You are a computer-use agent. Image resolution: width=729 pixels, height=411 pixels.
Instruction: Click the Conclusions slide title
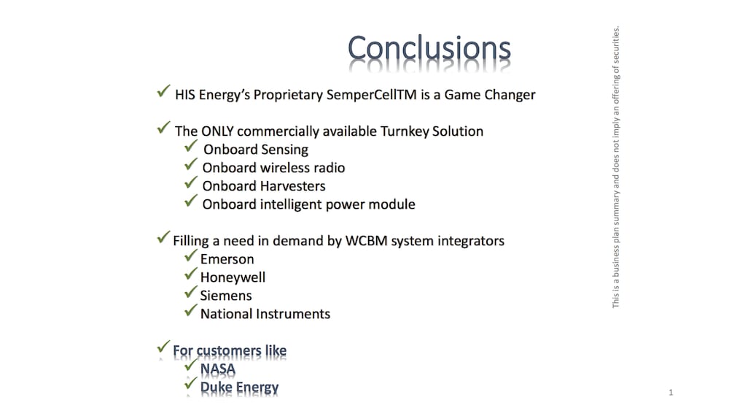[x=429, y=48]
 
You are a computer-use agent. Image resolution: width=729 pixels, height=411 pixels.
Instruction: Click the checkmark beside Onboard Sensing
[x=190, y=147]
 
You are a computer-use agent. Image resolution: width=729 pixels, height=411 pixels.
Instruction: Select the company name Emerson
[x=227, y=259]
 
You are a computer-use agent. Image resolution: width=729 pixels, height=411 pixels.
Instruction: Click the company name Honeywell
[x=233, y=278]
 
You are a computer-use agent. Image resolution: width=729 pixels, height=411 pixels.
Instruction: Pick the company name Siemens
[x=226, y=296]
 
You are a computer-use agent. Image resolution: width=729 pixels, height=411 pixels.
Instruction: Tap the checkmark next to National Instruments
[x=190, y=310]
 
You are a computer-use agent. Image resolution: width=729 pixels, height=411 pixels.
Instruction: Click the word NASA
[x=217, y=369]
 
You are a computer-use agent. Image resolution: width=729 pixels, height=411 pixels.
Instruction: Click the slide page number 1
[x=671, y=392]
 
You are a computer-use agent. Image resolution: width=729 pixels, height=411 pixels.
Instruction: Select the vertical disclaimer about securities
[x=616, y=166]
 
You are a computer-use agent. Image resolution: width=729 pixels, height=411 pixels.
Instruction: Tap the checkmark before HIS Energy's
[x=163, y=91]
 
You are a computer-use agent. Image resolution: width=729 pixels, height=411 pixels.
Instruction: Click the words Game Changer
[x=490, y=95]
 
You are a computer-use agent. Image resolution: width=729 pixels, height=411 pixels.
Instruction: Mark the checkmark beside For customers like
[x=163, y=347]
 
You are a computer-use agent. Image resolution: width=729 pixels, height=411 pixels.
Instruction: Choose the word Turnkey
[x=405, y=131]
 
